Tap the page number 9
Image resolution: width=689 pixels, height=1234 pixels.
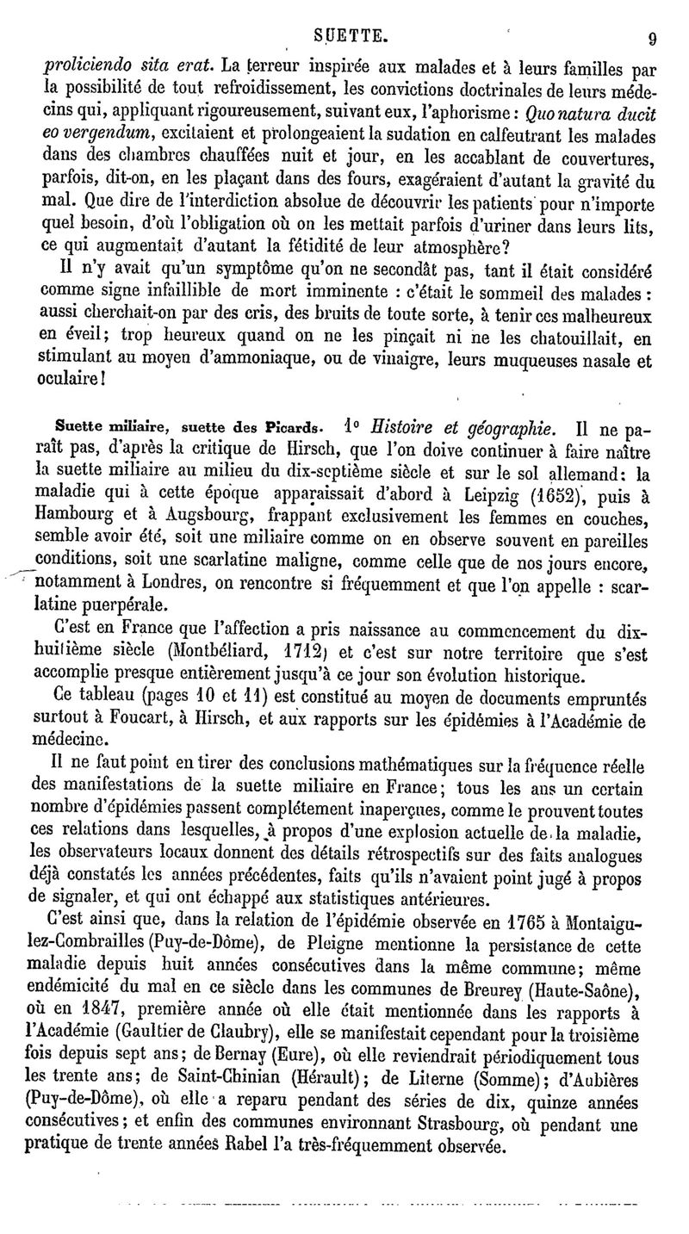(655, 39)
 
